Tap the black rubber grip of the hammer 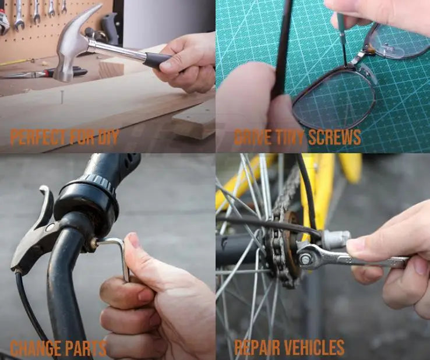point(157,61)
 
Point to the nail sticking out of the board point(62,97)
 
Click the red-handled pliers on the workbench point(47,73)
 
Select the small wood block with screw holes point(194,121)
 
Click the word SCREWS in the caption point(334,137)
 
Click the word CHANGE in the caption point(36,348)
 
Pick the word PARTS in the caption point(86,348)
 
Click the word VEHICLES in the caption point(313,348)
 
